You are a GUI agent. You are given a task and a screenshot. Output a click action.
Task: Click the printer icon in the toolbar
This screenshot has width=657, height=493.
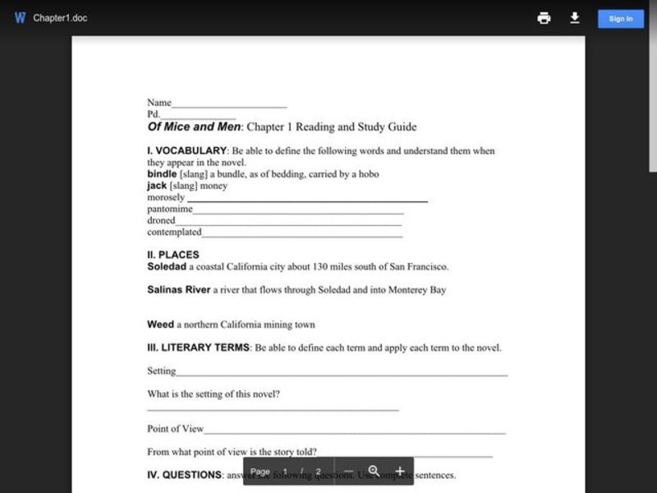click(544, 18)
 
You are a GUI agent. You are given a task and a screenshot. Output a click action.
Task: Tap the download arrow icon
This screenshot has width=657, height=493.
click(575, 18)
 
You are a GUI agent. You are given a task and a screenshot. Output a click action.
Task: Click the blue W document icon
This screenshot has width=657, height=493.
click(20, 18)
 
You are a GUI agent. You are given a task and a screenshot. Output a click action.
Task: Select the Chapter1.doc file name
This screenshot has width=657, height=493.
click(60, 18)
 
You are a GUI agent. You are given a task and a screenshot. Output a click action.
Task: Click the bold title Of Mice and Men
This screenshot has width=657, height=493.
click(194, 127)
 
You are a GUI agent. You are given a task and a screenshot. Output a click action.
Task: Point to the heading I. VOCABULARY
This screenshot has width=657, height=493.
click(186, 151)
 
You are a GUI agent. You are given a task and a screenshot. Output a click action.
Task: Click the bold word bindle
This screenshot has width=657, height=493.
click(163, 174)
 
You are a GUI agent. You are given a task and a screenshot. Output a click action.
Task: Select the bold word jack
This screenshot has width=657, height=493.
click(157, 186)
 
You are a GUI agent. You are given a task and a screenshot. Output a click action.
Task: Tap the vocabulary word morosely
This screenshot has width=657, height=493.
click(166, 197)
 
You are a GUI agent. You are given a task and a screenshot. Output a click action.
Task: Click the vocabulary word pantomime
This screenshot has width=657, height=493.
click(169, 209)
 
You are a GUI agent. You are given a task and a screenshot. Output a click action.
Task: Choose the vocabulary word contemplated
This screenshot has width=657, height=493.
click(174, 232)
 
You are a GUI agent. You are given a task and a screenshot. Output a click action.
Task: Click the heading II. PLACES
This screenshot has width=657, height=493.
click(173, 255)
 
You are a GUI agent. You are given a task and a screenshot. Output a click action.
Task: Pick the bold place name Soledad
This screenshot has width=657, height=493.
click(167, 266)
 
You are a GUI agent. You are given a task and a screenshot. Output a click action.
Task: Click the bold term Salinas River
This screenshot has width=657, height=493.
click(179, 289)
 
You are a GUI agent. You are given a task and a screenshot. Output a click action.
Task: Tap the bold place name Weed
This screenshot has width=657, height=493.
click(160, 325)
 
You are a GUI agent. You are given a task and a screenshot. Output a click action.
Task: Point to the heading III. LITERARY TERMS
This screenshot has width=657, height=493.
click(198, 348)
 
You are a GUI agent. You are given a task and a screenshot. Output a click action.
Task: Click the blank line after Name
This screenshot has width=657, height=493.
click(229, 104)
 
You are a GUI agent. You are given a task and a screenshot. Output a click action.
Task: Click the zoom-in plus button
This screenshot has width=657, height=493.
click(400, 472)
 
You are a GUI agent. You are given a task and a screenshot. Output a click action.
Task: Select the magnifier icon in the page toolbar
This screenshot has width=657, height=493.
click(374, 471)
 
